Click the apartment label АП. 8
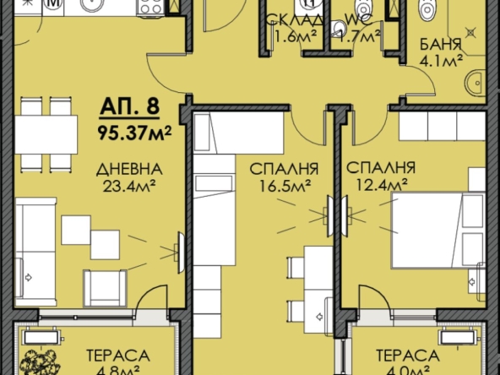tap(128, 108)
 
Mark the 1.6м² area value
tap(291, 35)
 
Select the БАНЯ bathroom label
tap(439, 45)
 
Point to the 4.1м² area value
tap(440, 61)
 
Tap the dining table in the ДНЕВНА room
tap(46, 133)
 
